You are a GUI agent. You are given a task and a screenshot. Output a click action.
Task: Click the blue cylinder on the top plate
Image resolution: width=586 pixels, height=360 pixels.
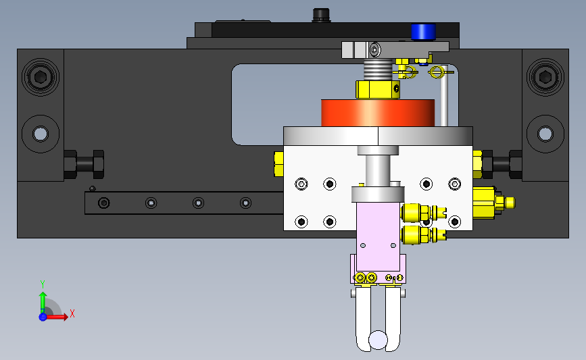tap(423, 31)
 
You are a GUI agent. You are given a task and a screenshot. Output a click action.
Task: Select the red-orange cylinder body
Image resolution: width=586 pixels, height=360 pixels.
tap(377, 113)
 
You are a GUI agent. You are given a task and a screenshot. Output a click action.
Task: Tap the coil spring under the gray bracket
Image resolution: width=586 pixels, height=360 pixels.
tap(377, 70)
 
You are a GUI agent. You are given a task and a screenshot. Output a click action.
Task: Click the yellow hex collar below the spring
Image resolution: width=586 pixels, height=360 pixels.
tap(377, 89)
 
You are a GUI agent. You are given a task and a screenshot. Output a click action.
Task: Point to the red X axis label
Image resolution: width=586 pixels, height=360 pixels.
tap(72, 313)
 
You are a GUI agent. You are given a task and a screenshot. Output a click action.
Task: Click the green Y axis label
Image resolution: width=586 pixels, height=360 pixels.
tap(42, 284)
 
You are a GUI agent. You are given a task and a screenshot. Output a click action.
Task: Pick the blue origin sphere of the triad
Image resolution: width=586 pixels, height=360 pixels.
tap(43, 317)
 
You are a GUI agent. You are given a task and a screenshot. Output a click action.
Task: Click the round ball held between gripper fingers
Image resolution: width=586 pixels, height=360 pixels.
tap(378, 340)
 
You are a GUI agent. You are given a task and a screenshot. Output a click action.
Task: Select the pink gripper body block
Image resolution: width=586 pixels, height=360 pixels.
tap(378, 236)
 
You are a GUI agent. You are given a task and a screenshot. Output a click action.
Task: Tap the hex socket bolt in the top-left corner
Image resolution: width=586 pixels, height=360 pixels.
tap(41, 77)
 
